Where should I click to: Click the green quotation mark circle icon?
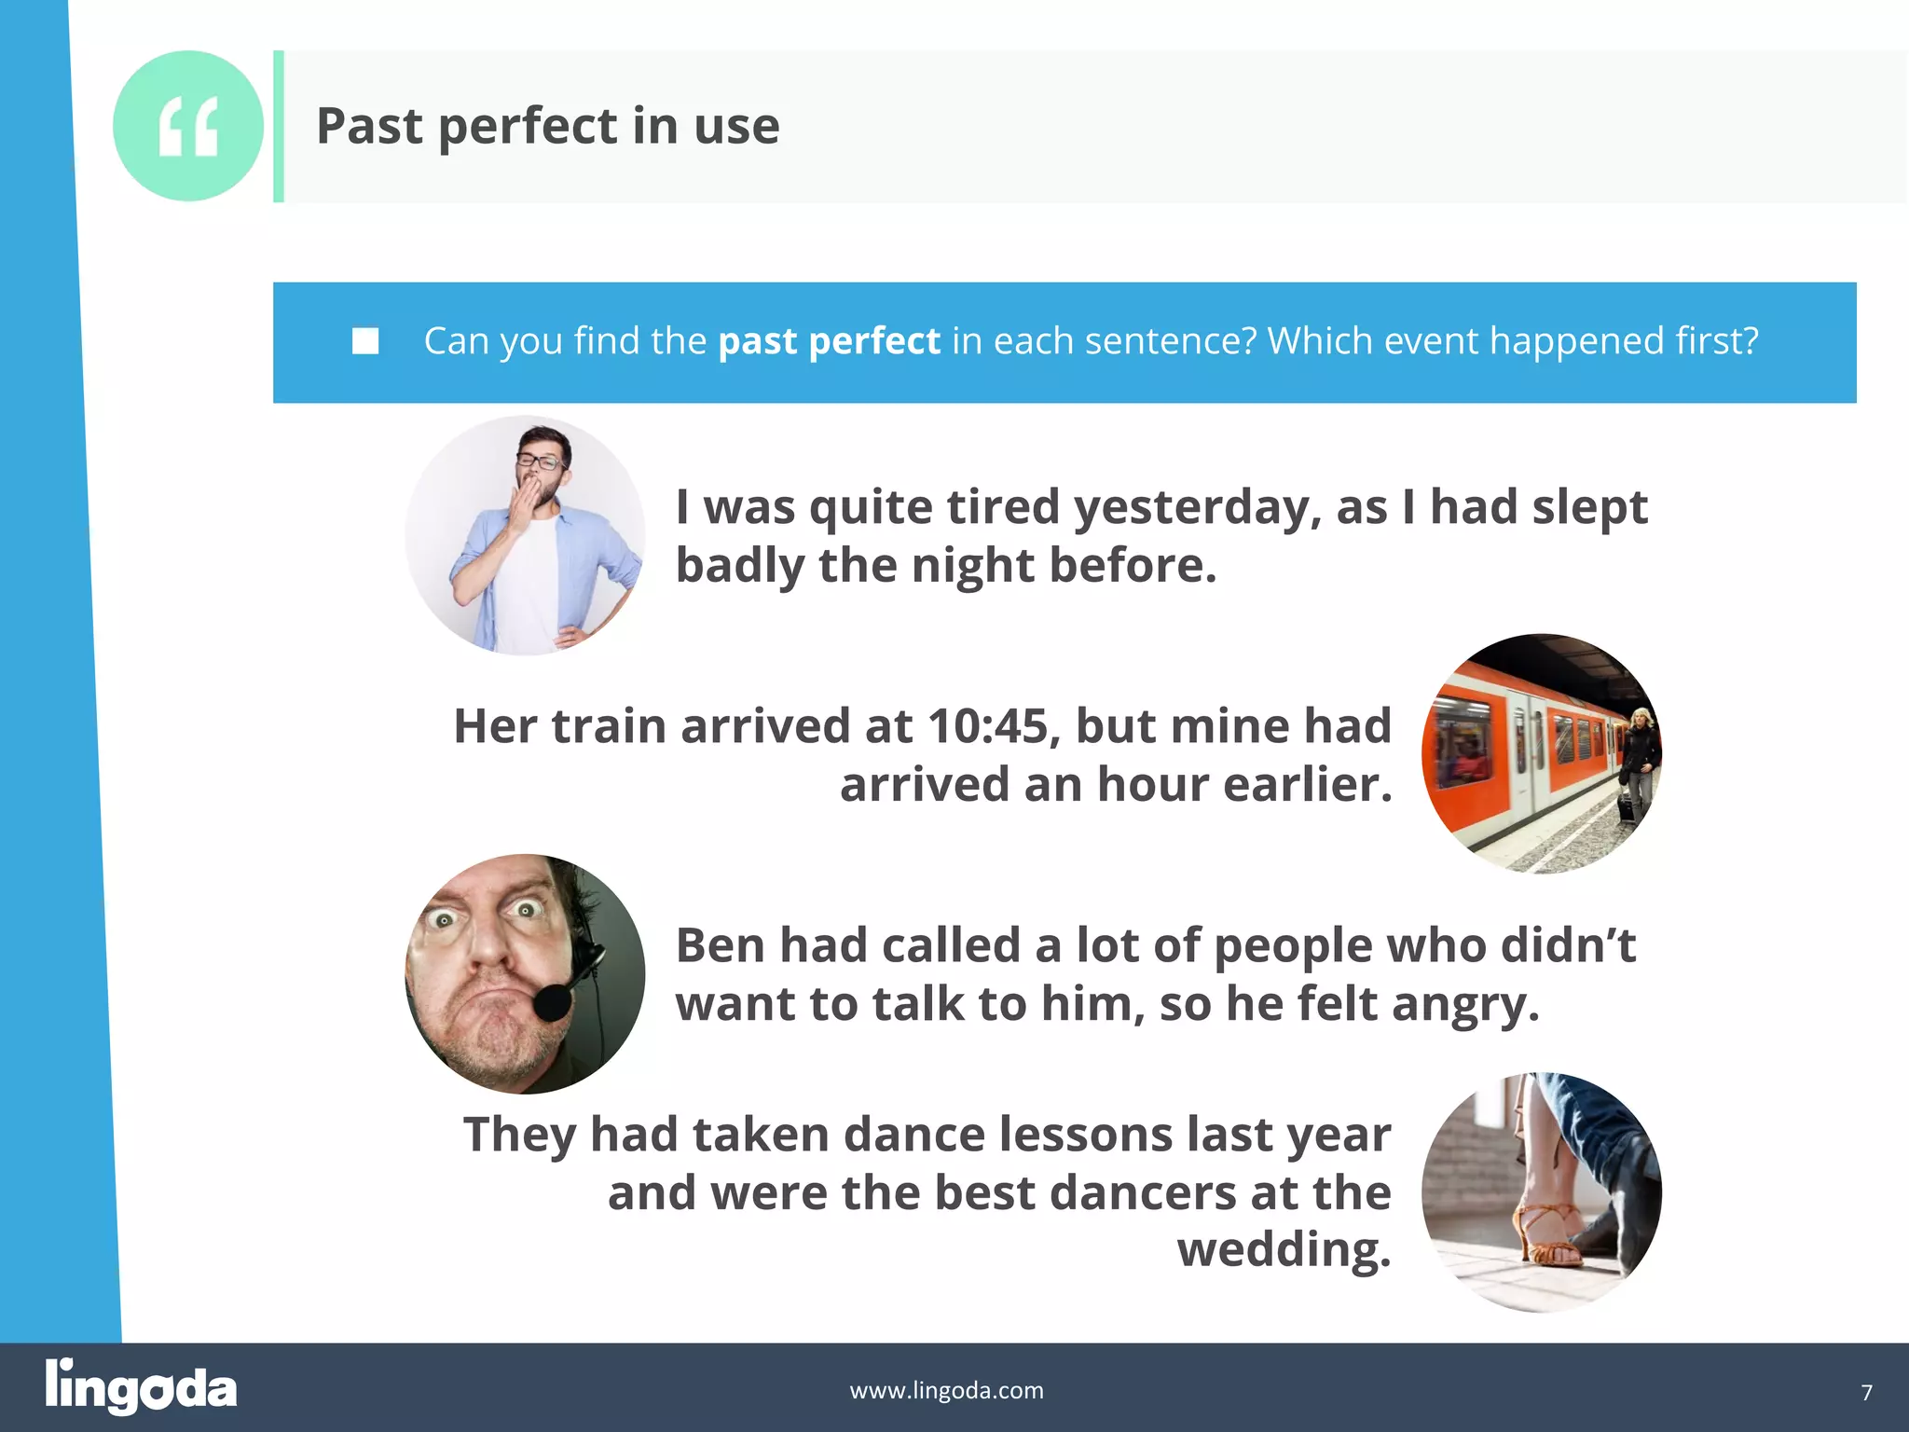[x=187, y=126]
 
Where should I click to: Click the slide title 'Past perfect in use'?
[x=548, y=126]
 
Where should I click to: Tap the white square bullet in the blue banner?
[x=365, y=341]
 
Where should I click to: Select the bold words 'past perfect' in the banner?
[x=829, y=341]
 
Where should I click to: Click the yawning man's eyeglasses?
[x=541, y=460]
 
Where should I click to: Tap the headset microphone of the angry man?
[x=552, y=1001]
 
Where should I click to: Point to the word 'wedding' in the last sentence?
[x=1284, y=1249]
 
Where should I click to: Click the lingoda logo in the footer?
[x=141, y=1387]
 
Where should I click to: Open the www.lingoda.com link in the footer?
[x=946, y=1390]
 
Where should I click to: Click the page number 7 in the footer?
[x=1866, y=1393]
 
